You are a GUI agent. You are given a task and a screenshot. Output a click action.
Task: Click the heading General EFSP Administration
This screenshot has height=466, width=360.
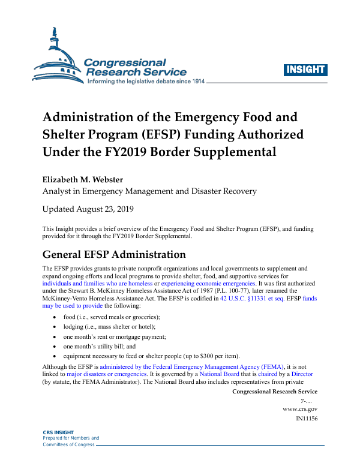[110, 254]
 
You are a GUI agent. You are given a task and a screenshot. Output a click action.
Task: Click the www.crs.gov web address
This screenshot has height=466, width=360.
[300, 408]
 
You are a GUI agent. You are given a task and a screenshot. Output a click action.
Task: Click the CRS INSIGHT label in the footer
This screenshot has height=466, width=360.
[58, 432]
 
